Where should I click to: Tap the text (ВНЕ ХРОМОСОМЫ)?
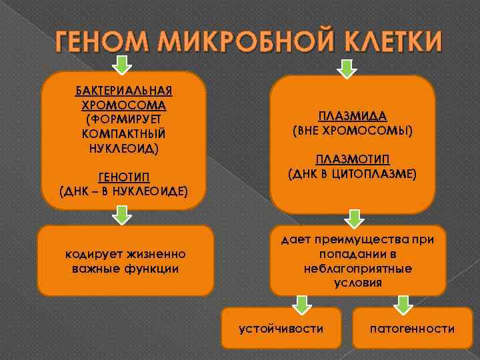[x=353, y=131]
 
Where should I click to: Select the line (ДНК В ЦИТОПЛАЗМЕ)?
[x=353, y=175]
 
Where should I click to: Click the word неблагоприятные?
[x=358, y=269]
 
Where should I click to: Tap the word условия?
[x=358, y=283]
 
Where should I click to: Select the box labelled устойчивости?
[x=281, y=328]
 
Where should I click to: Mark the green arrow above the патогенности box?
[x=403, y=305]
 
